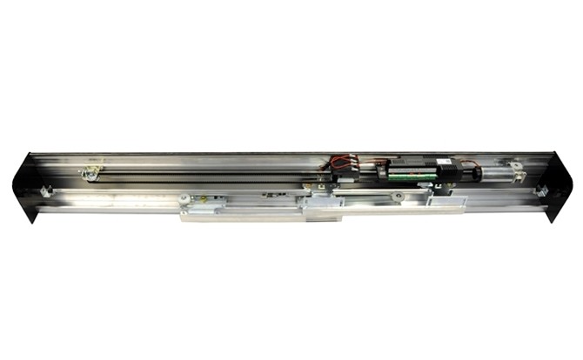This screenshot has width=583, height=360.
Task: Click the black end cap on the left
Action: click(26, 185)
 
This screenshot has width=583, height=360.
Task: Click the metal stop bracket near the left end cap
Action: click(44, 190)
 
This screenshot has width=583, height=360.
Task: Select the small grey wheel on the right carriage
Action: click(397, 197)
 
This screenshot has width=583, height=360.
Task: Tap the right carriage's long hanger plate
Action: click(383, 202)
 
